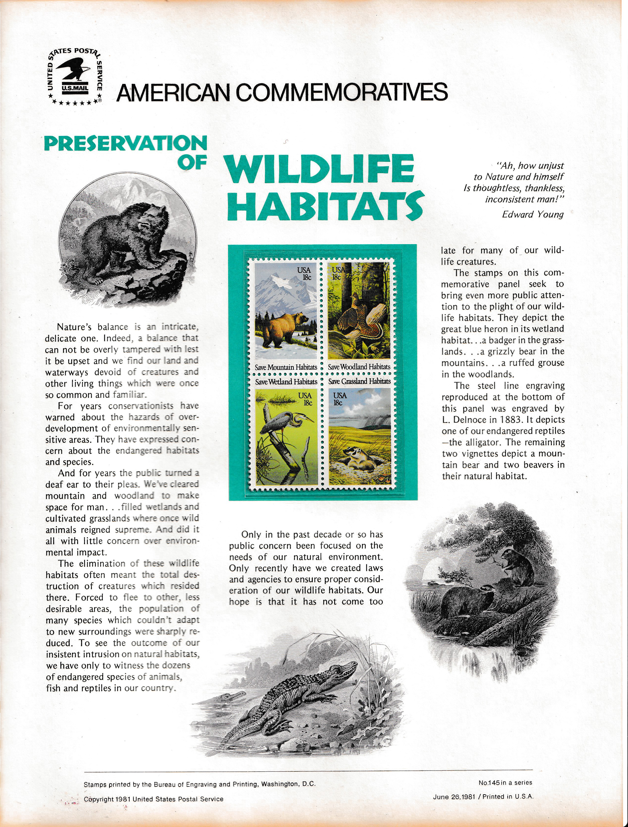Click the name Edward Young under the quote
tap(533, 214)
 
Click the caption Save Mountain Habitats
tap(286, 367)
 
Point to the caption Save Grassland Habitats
tap(360, 381)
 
